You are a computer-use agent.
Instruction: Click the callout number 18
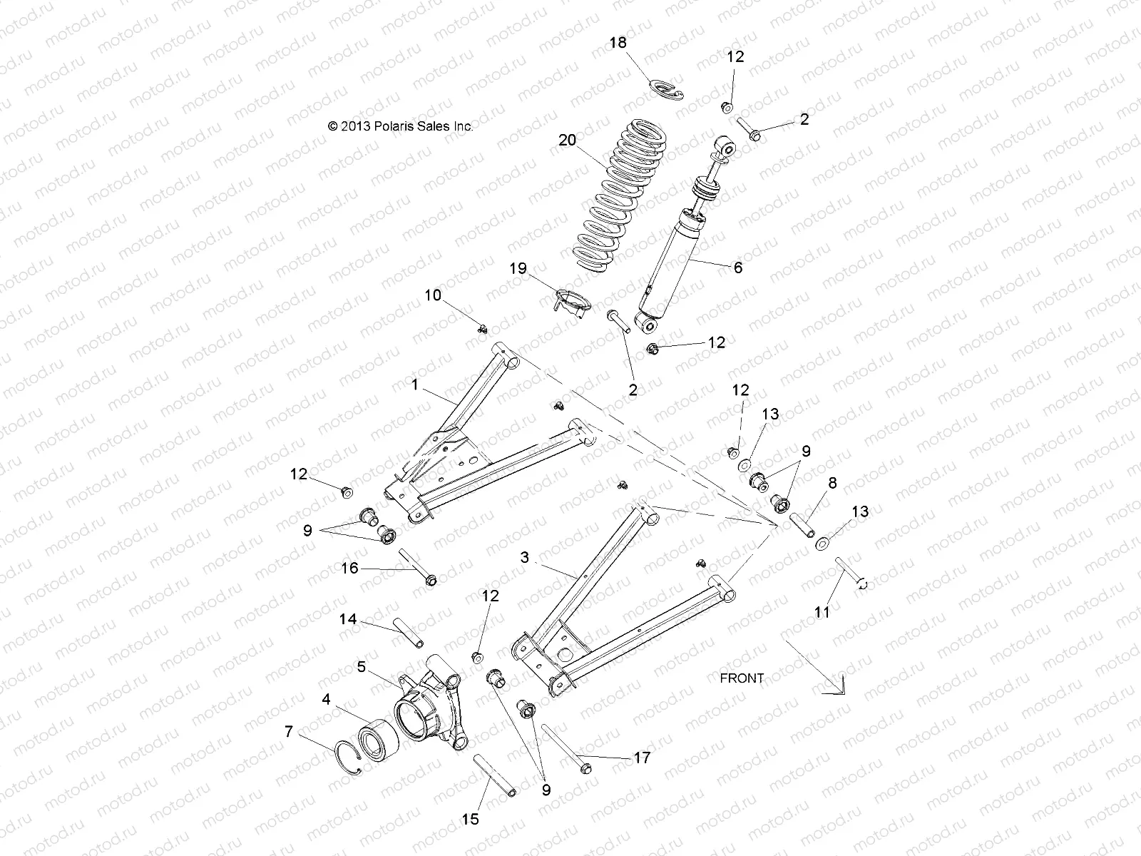coord(618,43)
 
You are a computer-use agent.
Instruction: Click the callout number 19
coord(518,269)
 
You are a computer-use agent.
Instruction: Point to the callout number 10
coord(433,295)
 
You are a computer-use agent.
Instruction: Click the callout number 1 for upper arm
coord(414,384)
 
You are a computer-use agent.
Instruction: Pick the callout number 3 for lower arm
coord(525,558)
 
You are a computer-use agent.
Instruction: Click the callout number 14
coord(348,621)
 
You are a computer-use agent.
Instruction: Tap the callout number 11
coord(822,612)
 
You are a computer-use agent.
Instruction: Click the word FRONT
coord(742,678)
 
